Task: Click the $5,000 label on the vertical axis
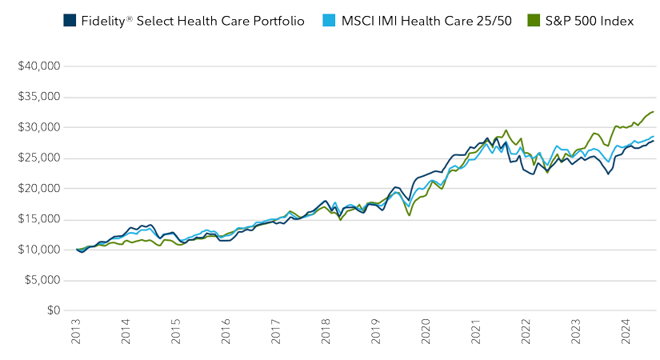(41, 280)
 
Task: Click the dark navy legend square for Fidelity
(69, 21)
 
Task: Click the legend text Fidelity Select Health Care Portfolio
(192, 21)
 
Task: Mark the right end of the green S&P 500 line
(654, 112)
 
